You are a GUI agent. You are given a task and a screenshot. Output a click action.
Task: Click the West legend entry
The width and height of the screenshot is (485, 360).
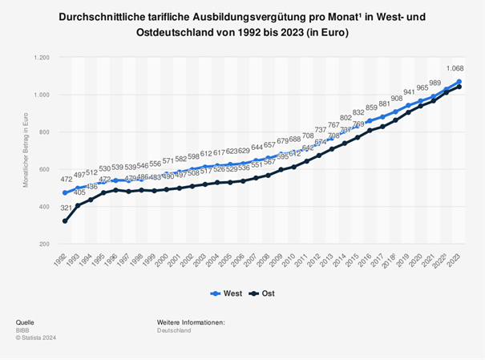coord(228,293)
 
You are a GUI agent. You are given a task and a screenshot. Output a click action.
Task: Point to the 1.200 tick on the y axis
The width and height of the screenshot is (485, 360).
coord(39,58)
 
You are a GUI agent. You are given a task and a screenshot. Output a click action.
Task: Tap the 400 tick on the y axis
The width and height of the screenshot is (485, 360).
coord(42,206)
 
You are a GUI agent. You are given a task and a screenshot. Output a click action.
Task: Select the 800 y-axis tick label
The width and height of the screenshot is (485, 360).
coord(42,132)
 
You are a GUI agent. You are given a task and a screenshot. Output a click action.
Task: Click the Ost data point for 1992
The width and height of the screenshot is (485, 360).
coord(64,220)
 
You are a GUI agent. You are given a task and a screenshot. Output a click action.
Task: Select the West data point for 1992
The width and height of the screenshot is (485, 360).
coord(64,192)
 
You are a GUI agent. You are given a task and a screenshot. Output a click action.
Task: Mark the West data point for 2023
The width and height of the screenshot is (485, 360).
coord(459,82)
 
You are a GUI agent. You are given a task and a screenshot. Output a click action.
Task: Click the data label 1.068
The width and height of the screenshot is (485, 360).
coord(456,70)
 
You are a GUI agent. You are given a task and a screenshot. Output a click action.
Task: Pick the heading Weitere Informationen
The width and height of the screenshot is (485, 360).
coord(191,322)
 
